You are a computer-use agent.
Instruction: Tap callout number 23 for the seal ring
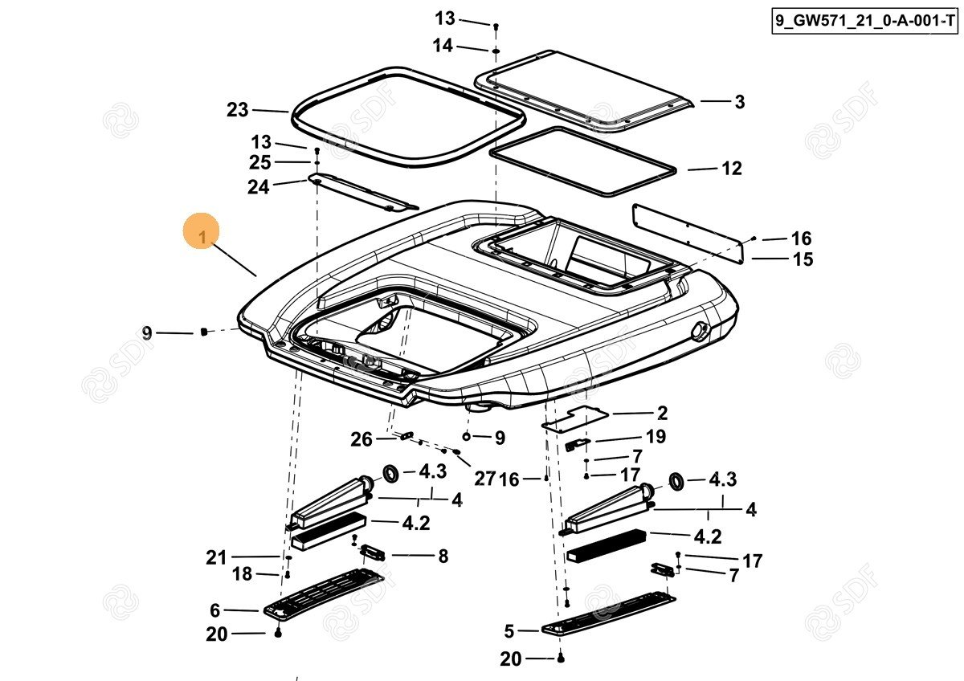point(238,110)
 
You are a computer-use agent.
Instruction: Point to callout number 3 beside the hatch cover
point(739,102)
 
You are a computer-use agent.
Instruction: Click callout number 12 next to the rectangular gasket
point(731,169)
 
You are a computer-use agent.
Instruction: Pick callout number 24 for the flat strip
point(259,186)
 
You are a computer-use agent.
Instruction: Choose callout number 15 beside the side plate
point(803,259)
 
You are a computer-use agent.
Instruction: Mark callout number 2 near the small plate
point(662,414)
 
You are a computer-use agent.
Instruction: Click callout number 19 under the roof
point(656,437)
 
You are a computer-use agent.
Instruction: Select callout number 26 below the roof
point(361,439)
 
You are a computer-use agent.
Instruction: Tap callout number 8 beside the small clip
point(443,556)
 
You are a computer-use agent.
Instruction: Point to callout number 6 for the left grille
point(215,610)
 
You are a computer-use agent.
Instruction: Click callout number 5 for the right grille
point(509,631)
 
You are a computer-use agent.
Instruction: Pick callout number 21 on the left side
point(216,557)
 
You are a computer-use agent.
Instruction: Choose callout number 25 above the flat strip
point(260,163)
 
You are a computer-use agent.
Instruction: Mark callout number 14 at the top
point(443,47)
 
